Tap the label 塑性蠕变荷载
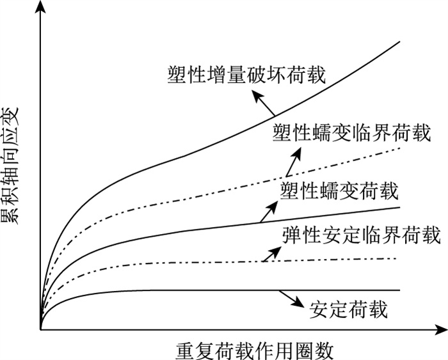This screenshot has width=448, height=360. pos(339,190)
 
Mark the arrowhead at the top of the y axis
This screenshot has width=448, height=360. pos(40,6)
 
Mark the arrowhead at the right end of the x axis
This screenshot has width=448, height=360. pos(441,330)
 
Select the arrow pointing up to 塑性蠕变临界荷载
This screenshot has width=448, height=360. pos(293,162)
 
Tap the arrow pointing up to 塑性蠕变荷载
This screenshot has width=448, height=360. pos(269,209)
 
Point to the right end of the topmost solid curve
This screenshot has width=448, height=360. pos(399,42)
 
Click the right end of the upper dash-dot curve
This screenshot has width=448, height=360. pos(399,148)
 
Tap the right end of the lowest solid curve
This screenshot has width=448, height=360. pos(399,290)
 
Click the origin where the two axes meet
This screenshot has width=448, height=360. pos(40,330)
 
